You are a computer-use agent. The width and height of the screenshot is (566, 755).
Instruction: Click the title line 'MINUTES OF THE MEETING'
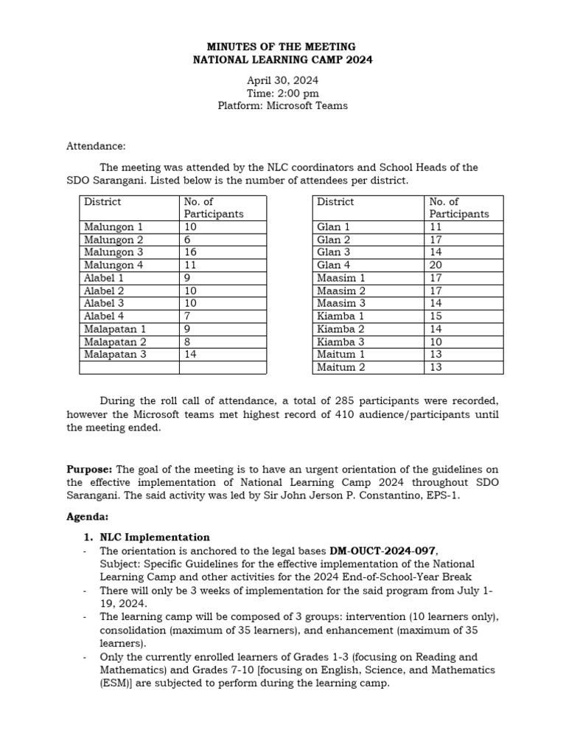[282, 46]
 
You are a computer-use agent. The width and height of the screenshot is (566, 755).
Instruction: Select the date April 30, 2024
[282, 80]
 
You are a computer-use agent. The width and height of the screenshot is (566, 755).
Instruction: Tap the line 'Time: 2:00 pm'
[282, 93]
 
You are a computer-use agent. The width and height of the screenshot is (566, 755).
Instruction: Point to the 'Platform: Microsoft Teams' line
[282, 105]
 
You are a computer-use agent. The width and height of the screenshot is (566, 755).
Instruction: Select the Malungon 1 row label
[113, 227]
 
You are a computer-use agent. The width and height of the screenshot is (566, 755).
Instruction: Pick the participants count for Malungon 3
[191, 252]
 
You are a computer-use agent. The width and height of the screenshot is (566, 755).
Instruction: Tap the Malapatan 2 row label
[115, 341]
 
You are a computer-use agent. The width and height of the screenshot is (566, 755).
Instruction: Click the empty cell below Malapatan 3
[129, 367]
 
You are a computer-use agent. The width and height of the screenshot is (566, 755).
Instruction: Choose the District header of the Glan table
[335, 202]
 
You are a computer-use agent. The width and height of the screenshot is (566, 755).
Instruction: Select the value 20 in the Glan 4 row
[436, 265]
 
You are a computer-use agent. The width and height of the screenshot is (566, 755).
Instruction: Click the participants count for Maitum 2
[436, 367]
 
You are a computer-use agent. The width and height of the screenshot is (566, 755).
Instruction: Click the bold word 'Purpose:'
[90, 469]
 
